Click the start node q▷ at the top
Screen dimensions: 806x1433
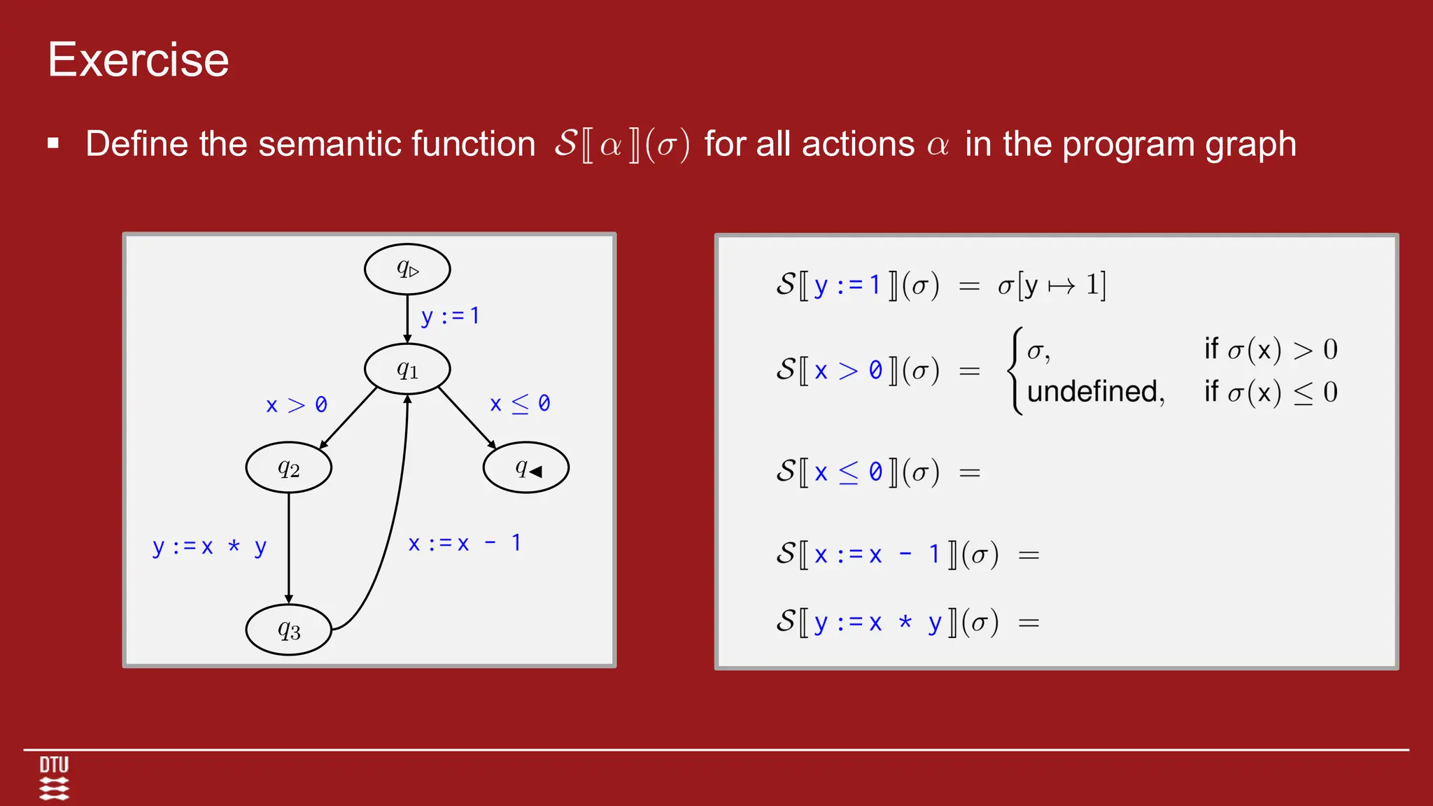tap(407, 269)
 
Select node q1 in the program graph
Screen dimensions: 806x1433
tap(407, 369)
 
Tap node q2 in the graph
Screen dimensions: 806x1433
tap(288, 467)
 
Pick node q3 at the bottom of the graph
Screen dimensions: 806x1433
tap(288, 630)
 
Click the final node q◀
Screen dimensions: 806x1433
tap(526, 467)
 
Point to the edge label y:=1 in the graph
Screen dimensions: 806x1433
tap(450, 316)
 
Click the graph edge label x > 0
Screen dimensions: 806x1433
tap(297, 405)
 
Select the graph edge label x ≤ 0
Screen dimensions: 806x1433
tap(520, 404)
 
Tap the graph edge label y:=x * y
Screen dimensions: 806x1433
tap(209, 546)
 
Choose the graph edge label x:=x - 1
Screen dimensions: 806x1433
tap(465, 544)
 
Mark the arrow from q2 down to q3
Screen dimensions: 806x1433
tap(288, 546)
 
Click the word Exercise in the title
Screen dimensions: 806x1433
tap(139, 59)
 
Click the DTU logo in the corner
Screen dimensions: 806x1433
tap(54, 777)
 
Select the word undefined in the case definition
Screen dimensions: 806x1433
tap(1095, 392)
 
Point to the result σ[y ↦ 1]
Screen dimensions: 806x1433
tap(1052, 285)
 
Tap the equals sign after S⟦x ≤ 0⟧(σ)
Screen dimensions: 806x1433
tap(969, 474)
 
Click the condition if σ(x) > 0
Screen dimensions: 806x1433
tap(1270, 349)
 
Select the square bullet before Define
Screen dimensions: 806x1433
tap(53, 144)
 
